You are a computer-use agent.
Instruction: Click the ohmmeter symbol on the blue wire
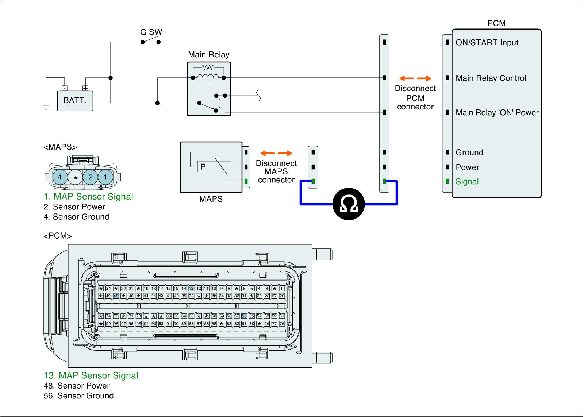pyautogui.click(x=349, y=204)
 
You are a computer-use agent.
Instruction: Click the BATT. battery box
pyautogui.click(x=75, y=101)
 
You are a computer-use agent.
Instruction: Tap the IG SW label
pyautogui.click(x=150, y=32)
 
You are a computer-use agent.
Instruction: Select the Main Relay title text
pyautogui.click(x=209, y=55)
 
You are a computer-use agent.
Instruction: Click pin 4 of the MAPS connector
pyautogui.click(x=60, y=178)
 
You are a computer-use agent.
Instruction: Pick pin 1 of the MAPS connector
pyautogui.click(x=105, y=178)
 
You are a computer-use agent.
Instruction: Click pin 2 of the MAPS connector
pyautogui.click(x=90, y=178)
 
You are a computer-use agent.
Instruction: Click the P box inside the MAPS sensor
pyautogui.click(x=203, y=167)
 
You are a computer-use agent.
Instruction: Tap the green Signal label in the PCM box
pyautogui.click(x=467, y=182)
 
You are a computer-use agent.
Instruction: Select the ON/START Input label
pyautogui.click(x=487, y=43)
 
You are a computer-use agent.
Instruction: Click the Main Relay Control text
pyautogui.click(x=491, y=78)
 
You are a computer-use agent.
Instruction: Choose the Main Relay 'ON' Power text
pyautogui.click(x=497, y=113)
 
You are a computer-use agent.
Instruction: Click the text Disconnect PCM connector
pyautogui.click(x=415, y=98)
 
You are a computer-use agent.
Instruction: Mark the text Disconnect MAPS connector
pyautogui.click(x=276, y=171)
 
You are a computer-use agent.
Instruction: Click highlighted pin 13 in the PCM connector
pyautogui.click(x=191, y=289)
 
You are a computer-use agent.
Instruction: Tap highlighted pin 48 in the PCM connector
pyautogui.click(x=116, y=296)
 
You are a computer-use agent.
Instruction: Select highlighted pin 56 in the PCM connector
pyautogui.click(x=244, y=316)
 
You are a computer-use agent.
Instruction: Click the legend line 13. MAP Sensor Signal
pyautogui.click(x=91, y=375)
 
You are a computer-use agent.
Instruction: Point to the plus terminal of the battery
pyautogui.click(x=85, y=88)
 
